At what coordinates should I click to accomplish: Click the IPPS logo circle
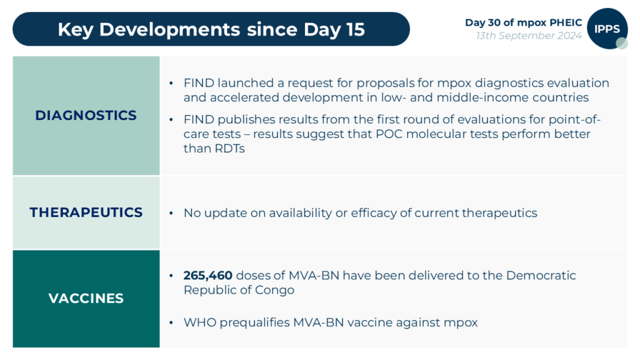pyautogui.click(x=607, y=29)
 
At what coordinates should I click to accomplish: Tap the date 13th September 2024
pyautogui.click(x=529, y=36)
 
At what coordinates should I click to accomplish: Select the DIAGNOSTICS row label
pyautogui.click(x=86, y=116)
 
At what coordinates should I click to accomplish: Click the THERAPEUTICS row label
pyautogui.click(x=86, y=212)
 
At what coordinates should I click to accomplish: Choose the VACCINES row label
pyautogui.click(x=86, y=299)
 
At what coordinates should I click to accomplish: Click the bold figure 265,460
pyautogui.click(x=208, y=276)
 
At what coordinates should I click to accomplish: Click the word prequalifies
pyautogui.click(x=249, y=322)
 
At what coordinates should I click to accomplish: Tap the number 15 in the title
pyautogui.click(x=354, y=29)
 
